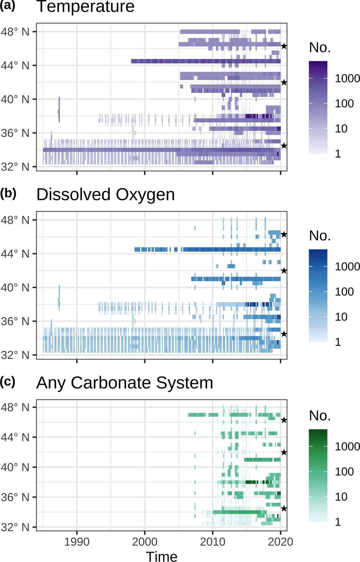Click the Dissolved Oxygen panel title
tap(105, 195)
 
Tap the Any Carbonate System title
tap(124, 383)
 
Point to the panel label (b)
tap(8, 193)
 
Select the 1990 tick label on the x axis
tap(77, 542)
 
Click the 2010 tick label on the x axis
tap(213, 542)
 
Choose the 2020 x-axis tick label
tap(280, 542)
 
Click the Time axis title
tap(161, 556)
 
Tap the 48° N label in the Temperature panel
tap(15, 32)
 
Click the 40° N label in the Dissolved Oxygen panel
tap(15, 287)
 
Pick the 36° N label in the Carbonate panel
tap(15, 497)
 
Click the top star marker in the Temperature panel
tap(284, 46)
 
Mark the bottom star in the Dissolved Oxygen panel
tap(284, 334)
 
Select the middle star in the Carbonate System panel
tap(284, 452)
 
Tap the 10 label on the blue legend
tap(341, 317)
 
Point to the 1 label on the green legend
tap(338, 522)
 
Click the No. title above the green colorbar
tap(320, 416)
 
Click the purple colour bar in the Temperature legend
tap(318, 107)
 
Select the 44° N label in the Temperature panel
tap(15, 66)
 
